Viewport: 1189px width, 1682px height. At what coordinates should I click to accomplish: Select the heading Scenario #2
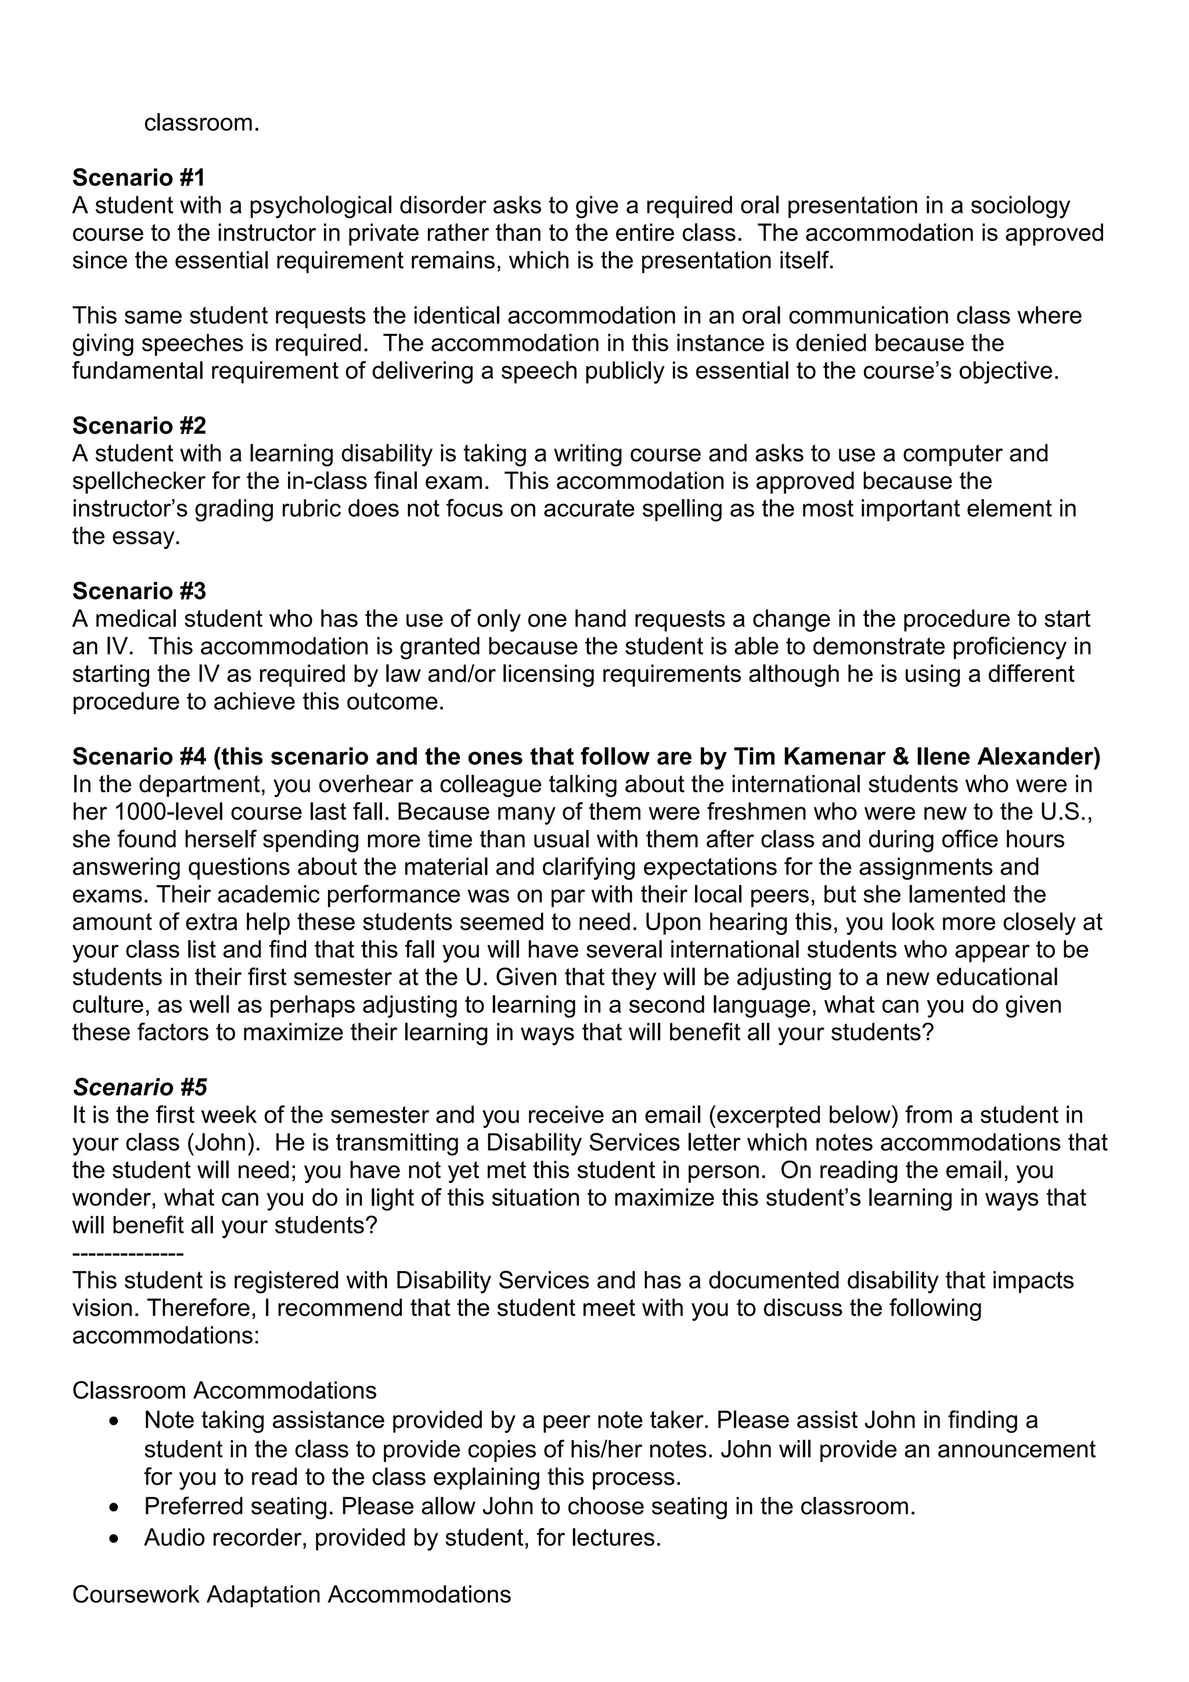pyautogui.click(x=139, y=425)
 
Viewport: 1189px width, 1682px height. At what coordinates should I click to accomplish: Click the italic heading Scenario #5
pyautogui.click(x=139, y=1087)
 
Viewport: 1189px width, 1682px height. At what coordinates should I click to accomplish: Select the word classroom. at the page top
pyautogui.click(x=201, y=122)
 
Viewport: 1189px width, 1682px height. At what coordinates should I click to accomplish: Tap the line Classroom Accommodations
pyautogui.click(x=224, y=1391)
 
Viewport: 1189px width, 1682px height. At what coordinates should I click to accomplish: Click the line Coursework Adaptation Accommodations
pyautogui.click(x=291, y=1595)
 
